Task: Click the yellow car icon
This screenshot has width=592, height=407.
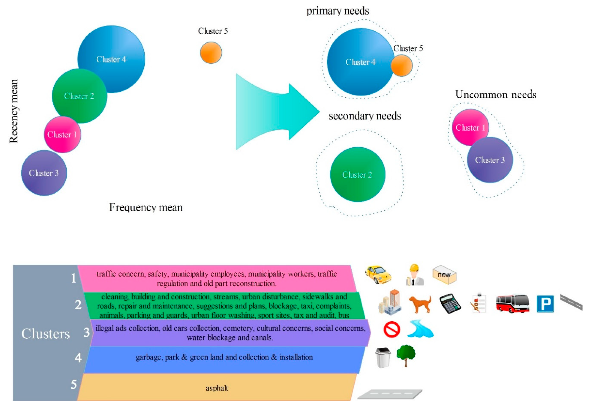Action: click(378, 275)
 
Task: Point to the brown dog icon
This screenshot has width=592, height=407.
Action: click(420, 304)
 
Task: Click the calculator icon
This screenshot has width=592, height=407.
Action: click(450, 303)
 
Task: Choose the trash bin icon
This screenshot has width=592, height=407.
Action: click(383, 358)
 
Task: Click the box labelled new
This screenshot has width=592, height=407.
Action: click(444, 275)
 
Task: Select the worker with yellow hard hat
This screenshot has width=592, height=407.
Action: click(414, 275)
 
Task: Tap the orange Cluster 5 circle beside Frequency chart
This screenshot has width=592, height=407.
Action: click(211, 53)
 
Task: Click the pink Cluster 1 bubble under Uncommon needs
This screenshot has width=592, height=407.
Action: click(470, 127)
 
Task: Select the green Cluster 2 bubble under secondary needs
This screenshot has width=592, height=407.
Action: click(358, 174)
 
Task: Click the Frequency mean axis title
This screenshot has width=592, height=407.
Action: click(146, 207)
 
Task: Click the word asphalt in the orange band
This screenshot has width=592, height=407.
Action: click(217, 388)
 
